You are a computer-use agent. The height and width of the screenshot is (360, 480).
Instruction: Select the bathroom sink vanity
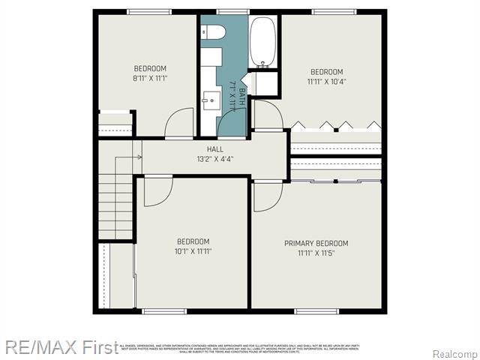tap(210, 97)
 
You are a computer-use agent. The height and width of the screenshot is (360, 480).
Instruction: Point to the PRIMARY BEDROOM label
tap(316, 243)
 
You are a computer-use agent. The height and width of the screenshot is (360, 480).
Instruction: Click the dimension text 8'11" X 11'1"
tap(149, 78)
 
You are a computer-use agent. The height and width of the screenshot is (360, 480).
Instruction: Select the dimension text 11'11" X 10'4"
tap(326, 82)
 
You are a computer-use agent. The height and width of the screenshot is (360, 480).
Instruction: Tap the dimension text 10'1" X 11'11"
tap(193, 251)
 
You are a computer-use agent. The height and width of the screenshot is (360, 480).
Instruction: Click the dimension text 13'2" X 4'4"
tap(215, 159)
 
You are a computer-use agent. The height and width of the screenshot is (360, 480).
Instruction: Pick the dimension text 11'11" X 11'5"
tap(316, 253)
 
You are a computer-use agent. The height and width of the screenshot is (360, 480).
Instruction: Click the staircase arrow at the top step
tap(137, 157)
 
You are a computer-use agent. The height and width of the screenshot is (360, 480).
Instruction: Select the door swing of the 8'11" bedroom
tap(179, 124)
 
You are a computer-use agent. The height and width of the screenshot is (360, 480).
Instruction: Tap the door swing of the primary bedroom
tap(266, 195)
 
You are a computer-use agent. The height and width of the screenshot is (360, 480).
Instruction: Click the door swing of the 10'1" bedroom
tap(157, 190)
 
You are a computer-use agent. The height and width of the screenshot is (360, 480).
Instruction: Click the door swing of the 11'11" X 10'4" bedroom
tap(268, 115)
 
